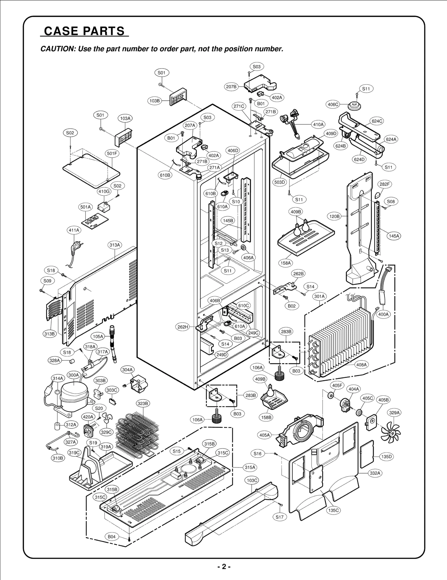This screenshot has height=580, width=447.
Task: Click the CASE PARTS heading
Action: click(x=84, y=31)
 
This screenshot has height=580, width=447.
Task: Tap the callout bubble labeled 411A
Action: click(x=74, y=230)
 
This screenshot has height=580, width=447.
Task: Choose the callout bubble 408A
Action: click(x=361, y=365)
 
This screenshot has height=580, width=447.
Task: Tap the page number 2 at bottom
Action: click(x=223, y=567)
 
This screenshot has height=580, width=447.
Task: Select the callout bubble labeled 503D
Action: click(x=279, y=182)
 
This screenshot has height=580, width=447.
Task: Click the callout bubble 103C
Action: click(x=252, y=480)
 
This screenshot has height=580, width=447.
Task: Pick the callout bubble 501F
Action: click(x=112, y=153)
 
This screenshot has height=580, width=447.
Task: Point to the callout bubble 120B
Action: click(x=334, y=216)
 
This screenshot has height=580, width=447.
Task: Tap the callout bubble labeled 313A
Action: click(x=115, y=245)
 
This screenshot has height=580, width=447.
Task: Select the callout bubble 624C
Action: click(x=377, y=121)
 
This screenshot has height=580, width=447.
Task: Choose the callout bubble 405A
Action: click(x=265, y=435)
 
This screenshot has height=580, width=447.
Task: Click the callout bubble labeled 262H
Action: click(x=183, y=327)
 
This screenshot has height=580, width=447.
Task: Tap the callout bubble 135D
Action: click(x=386, y=457)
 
